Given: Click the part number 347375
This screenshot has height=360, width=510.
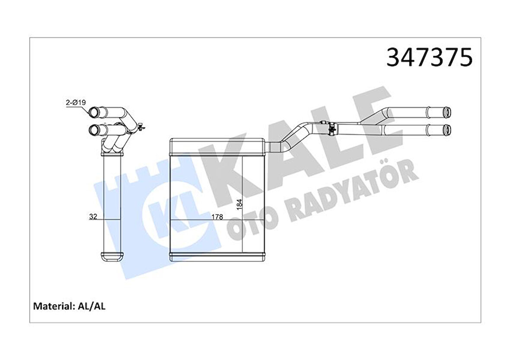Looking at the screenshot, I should coord(429,57).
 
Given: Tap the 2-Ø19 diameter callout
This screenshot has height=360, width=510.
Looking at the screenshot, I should coord(76,102).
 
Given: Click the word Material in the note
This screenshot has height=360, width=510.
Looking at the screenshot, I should coord(52,306).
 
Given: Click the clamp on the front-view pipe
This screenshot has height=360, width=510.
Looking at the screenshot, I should coord(331,128).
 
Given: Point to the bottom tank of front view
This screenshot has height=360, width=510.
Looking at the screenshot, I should coord(216,256).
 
